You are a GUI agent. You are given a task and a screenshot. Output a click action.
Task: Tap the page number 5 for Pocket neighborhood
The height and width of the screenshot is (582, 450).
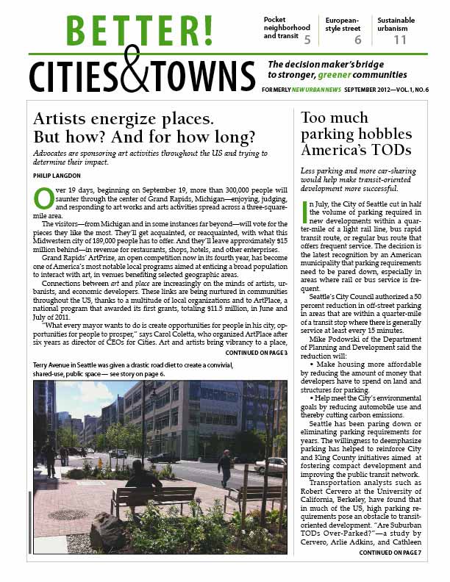307,39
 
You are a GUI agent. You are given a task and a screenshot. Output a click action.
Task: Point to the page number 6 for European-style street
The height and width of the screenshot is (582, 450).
357,39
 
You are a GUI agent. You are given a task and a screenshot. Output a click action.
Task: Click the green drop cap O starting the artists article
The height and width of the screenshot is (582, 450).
43,198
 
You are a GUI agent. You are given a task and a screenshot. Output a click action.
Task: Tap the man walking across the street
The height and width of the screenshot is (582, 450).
225,468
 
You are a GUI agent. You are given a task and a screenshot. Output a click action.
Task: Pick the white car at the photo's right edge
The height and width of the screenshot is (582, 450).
272,464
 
